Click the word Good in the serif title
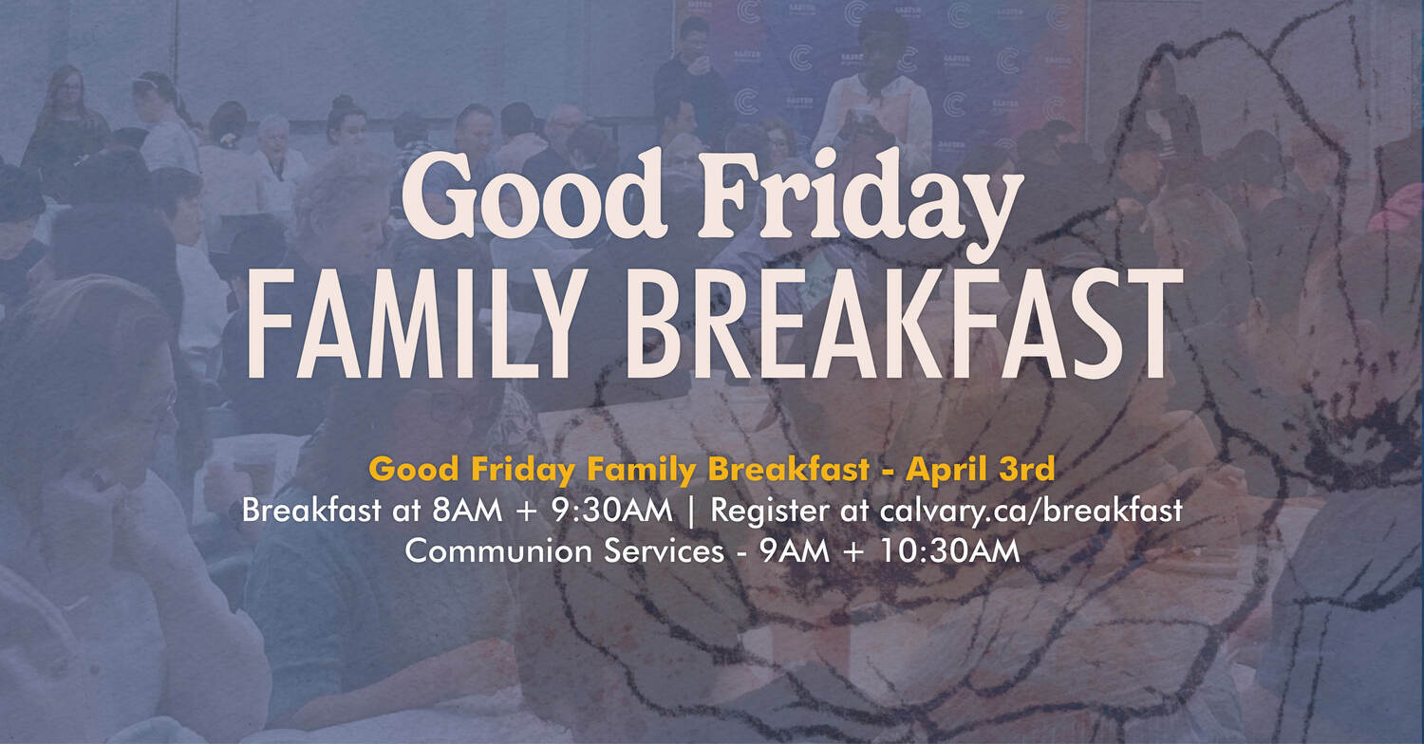[534, 194]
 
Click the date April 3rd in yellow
[981, 470]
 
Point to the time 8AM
[467, 511]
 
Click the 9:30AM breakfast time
[611, 511]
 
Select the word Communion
[499, 551]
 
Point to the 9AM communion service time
[795, 551]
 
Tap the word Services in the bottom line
[664, 551]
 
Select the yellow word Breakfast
[788, 470]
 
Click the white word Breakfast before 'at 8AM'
[311, 511]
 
